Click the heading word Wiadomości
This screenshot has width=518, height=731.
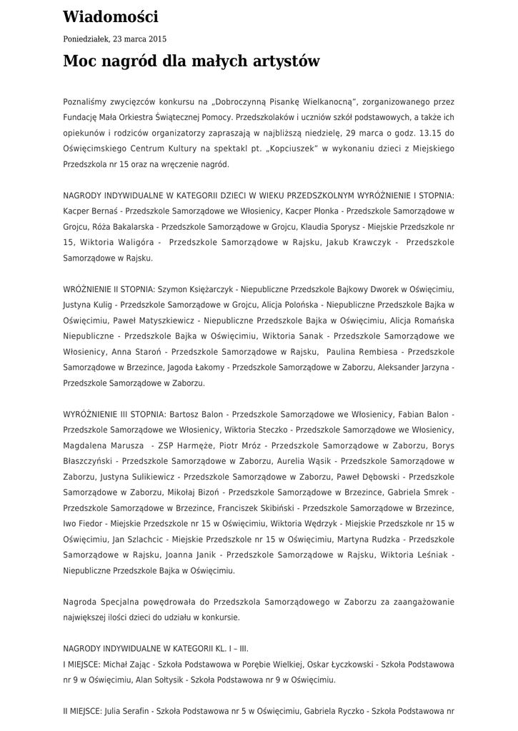(x=111, y=17)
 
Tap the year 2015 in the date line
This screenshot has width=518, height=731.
(x=157, y=39)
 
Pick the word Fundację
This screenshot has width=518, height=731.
(x=79, y=117)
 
